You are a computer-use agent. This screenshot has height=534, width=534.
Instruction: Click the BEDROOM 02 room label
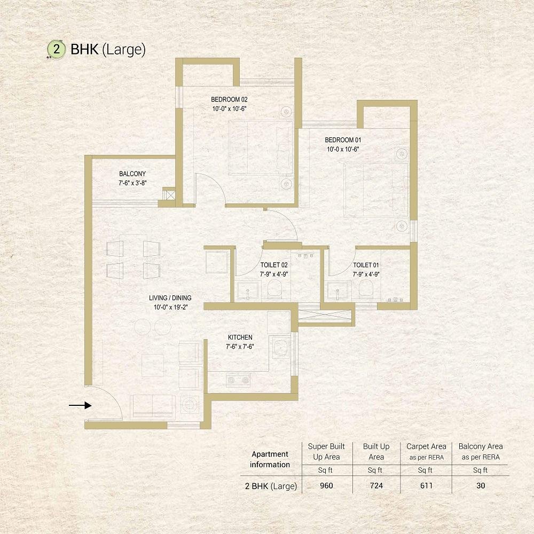[x=229, y=99]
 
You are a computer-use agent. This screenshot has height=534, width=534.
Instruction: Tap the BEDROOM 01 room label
[x=343, y=139]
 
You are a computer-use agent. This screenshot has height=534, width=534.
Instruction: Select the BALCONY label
[x=132, y=174]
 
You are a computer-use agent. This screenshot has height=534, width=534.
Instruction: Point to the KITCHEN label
[x=240, y=337]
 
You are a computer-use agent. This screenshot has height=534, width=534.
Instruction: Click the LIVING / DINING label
[x=170, y=297]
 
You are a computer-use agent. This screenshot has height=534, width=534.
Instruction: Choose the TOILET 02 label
[x=274, y=265]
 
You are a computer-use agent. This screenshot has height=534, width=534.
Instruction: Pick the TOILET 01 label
[x=366, y=265]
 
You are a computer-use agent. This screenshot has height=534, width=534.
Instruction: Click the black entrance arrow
[x=81, y=405]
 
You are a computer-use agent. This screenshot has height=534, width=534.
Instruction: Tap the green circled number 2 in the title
[x=57, y=49]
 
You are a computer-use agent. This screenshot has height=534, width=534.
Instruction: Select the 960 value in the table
[x=326, y=485]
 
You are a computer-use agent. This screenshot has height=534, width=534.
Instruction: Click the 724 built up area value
[x=376, y=485]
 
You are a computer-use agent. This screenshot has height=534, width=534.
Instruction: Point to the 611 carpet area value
[x=426, y=485]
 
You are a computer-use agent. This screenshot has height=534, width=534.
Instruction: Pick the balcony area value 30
[x=481, y=485]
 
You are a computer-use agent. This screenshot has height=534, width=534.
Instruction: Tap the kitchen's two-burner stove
[x=238, y=380]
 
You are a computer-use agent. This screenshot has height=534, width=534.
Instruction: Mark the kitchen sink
[x=281, y=348]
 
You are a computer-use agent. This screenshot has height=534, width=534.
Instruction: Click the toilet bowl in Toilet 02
[x=274, y=289]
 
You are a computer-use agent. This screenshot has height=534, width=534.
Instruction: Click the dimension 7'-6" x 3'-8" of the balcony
[x=132, y=183]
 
